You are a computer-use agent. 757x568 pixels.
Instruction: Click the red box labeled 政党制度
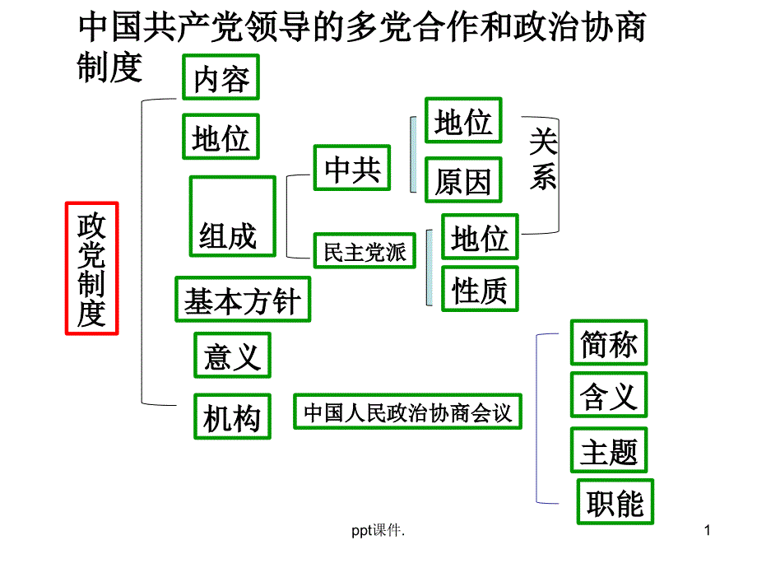91,268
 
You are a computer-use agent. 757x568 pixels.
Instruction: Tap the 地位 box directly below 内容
221,137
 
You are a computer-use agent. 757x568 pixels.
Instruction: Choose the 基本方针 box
243,299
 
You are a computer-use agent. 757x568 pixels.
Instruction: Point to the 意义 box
232,355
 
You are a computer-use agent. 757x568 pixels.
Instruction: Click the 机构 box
231,417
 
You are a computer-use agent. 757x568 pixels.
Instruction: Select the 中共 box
352,167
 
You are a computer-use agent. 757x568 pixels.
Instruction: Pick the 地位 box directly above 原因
463,121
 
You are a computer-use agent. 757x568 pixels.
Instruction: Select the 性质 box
481,288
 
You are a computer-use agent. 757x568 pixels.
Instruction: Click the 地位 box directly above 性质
481,237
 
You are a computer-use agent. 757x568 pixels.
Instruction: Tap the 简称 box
609,342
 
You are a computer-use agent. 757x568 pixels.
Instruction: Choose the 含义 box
609,395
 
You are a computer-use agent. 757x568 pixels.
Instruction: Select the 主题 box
609,450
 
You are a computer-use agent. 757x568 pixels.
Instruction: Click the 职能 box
615,501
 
